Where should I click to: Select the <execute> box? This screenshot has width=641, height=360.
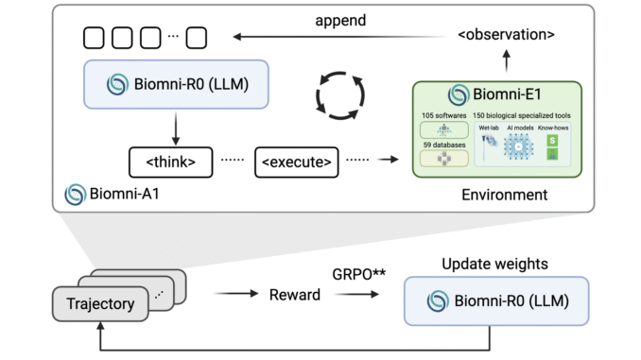point(296,162)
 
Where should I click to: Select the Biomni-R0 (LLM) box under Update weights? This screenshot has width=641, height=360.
point(495,301)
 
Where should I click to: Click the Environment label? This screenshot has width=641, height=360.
point(496,195)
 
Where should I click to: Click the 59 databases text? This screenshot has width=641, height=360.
point(442,144)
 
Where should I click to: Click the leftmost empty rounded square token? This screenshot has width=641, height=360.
point(95,38)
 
